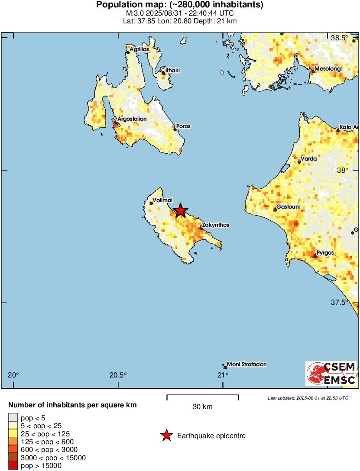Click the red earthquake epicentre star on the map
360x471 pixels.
[x=180, y=211]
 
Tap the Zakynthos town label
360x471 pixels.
[x=215, y=225]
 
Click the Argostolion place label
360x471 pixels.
[x=132, y=119]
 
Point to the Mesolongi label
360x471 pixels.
[x=328, y=69]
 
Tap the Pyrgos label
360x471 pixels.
[x=325, y=252]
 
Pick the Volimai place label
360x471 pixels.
[x=163, y=200]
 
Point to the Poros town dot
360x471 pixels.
[x=175, y=129]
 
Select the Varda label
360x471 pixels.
[x=309, y=159]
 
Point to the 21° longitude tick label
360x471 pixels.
[x=223, y=375]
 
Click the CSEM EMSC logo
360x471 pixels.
[x=331, y=373]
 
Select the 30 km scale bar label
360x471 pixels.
[x=202, y=407]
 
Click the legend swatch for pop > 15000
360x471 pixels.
[x=13, y=466]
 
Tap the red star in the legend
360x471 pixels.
[x=166, y=436]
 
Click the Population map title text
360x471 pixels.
[x=180, y=5]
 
